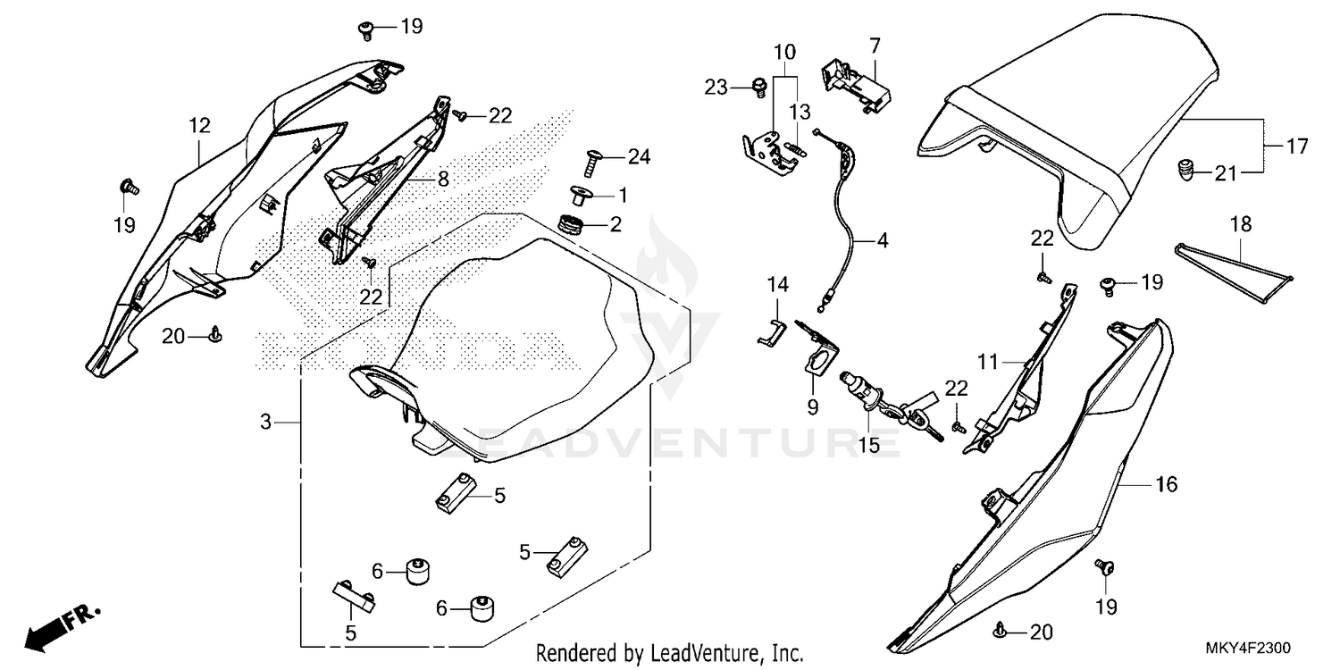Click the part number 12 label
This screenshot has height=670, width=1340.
pos(199,126)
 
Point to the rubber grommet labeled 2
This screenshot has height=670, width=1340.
pos(568,223)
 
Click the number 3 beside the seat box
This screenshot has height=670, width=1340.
pos(265,421)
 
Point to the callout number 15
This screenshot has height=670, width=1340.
pos(866,444)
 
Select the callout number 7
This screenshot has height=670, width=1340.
pos(875,44)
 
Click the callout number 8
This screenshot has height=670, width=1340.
pos(442,180)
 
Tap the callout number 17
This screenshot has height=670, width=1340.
pos(1295,145)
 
